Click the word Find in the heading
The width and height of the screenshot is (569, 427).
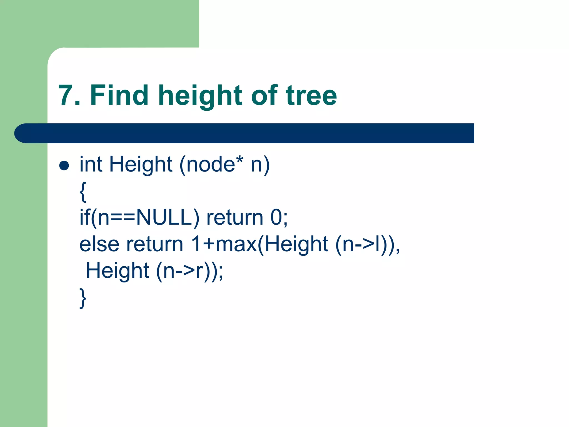(x=119, y=95)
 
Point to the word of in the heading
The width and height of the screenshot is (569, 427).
(x=264, y=95)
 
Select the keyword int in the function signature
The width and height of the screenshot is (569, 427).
(x=91, y=164)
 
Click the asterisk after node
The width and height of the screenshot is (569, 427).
(x=240, y=160)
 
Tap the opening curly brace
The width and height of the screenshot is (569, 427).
(x=83, y=192)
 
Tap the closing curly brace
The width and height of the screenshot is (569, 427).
(x=83, y=298)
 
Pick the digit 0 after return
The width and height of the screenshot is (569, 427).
(x=276, y=217)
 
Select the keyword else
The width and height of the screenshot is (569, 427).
(x=99, y=244)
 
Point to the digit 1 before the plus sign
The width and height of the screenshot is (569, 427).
(x=196, y=244)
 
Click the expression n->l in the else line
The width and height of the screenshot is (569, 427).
(x=361, y=244)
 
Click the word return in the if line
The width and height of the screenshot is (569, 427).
(x=234, y=217)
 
